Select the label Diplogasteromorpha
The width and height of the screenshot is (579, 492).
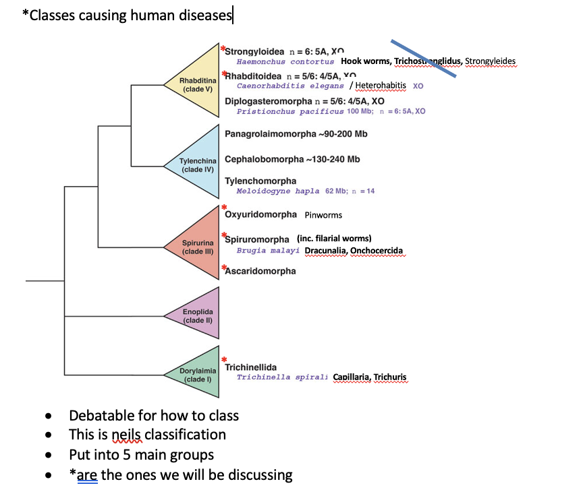point(266,100)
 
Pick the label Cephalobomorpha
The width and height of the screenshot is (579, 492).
point(264,159)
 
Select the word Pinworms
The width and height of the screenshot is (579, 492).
point(323,215)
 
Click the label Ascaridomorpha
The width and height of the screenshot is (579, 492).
point(260,271)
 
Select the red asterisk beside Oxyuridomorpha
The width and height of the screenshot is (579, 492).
point(224,207)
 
